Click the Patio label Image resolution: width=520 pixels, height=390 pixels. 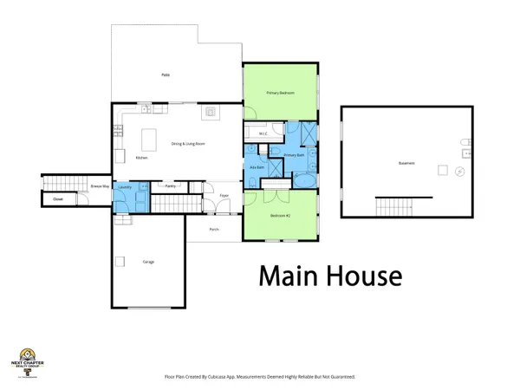(165, 75)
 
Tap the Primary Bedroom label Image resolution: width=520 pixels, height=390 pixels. (280, 93)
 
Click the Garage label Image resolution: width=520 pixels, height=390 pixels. (149, 261)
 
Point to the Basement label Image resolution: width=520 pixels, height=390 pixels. (406, 163)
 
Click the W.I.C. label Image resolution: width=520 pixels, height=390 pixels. (262, 133)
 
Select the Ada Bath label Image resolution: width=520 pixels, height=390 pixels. (257, 166)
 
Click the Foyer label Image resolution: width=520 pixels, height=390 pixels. (223, 196)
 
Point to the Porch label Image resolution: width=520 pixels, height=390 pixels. (213, 230)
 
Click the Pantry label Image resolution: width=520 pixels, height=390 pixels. (171, 185)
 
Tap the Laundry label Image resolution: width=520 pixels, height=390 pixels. (124, 186)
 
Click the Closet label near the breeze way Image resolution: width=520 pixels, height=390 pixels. (58, 199)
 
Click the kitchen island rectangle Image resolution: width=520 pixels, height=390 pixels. (149, 140)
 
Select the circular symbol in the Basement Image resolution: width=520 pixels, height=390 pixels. (459, 172)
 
